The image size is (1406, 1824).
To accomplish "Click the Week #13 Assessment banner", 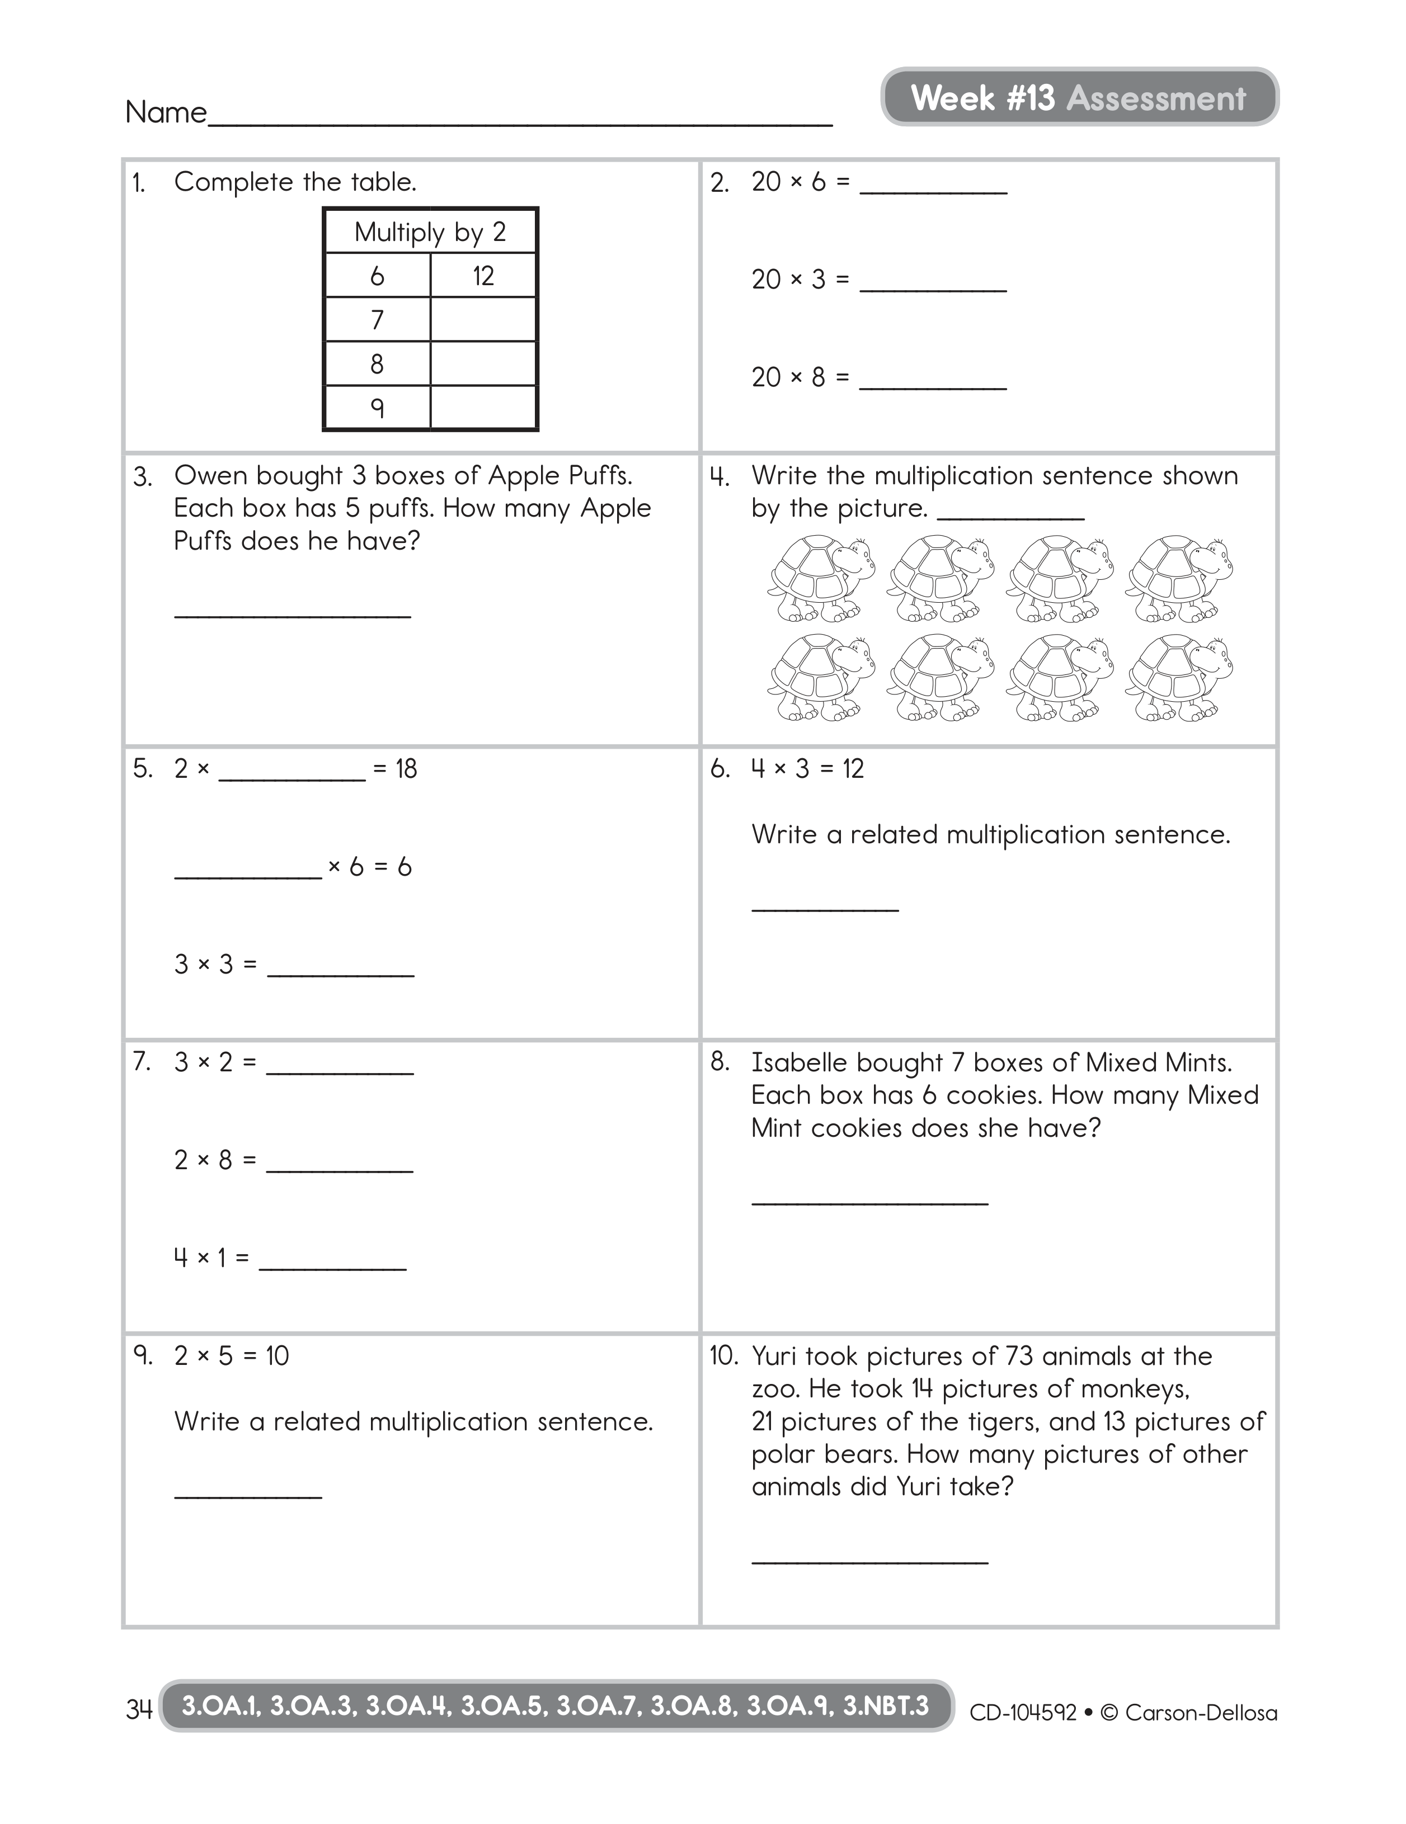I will (x=1079, y=98).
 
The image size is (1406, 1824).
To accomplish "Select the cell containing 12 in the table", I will (x=483, y=276).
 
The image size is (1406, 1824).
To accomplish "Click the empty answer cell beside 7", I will (x=483, y=320).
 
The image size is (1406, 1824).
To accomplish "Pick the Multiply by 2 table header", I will (x=430, y=231).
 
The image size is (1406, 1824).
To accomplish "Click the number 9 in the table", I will (x=377, y=408).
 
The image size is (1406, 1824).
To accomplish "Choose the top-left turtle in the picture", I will (x=820, y=579).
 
